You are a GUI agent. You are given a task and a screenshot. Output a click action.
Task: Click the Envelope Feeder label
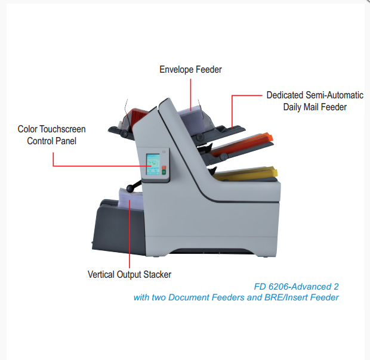190,70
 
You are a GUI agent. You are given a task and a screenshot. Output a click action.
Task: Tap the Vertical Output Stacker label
129,275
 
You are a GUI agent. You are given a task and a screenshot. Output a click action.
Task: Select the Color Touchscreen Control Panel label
52,135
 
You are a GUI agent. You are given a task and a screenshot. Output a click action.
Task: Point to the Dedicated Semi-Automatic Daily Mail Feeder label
314,101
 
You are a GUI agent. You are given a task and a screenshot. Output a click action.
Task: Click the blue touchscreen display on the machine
153,165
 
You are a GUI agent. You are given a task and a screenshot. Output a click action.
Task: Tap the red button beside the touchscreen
164,167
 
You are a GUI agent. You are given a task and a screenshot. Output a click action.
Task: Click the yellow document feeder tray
245,173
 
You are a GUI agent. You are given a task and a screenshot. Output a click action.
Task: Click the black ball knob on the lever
130,188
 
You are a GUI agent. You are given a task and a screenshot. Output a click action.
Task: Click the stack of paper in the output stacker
131,199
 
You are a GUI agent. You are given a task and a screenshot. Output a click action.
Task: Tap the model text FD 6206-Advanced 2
296,287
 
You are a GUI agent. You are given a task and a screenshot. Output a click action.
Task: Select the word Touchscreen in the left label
63,129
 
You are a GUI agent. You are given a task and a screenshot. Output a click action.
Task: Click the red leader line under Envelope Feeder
190,95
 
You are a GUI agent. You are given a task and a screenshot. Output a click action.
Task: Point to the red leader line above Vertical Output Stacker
129,234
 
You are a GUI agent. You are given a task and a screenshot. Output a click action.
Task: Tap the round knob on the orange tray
223,156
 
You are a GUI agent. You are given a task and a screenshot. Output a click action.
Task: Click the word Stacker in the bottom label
158,275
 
